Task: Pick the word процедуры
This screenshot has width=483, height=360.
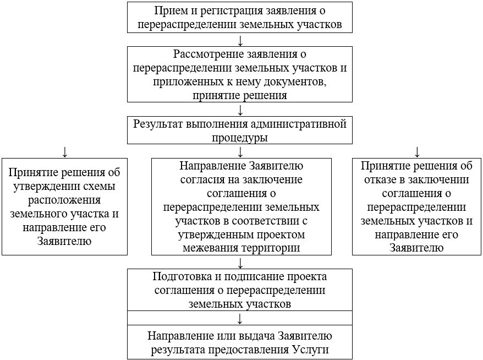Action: point(240,137)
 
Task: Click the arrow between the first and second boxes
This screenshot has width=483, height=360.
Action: point(240,41)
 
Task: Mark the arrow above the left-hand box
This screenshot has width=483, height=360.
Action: point(65,151)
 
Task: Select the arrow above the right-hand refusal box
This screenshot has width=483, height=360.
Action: point(416,151)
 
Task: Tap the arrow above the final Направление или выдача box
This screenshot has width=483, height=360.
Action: point(240,319)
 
